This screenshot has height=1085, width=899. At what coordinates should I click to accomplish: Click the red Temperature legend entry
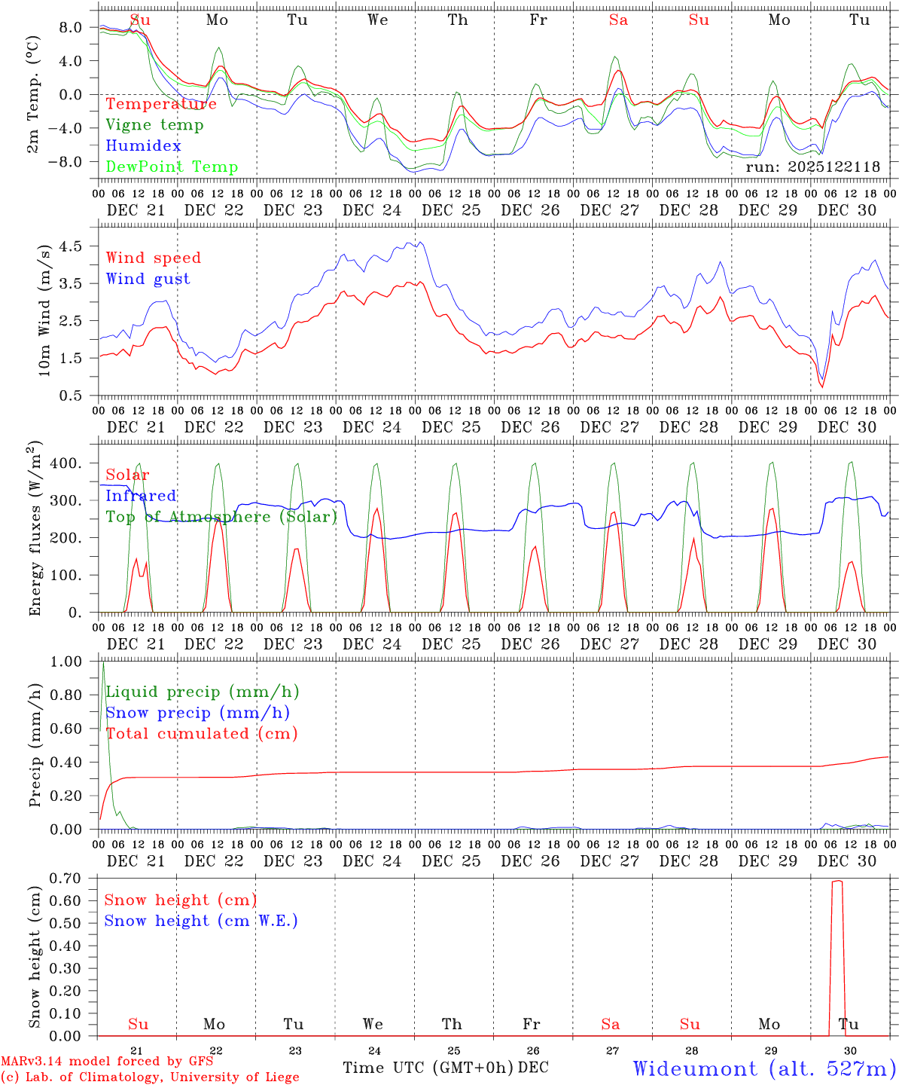(x=161, y=104)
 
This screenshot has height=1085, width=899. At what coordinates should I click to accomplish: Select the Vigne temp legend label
(x=154, y=125)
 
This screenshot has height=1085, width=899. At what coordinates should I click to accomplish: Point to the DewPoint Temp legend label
(x=172, y=167)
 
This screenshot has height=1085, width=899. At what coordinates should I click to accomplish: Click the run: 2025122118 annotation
(x=812, y=167)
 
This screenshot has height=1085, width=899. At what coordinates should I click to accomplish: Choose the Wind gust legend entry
(x=148, y=279)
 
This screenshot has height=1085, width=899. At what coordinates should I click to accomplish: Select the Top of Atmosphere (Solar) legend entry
(x=221, y=517)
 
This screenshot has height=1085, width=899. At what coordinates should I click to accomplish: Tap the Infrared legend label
(x=141, y=496)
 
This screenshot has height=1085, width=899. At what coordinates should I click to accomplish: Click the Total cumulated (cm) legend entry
(x=202, y=734)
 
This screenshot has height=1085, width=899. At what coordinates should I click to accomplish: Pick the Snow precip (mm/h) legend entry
(x=197, y=713)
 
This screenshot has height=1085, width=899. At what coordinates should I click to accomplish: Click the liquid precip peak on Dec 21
(x=103, y=664)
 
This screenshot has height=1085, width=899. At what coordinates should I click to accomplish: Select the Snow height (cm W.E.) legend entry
(x=201, y=921)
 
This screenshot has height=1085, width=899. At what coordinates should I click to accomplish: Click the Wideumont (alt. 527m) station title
(x=764, y=1068)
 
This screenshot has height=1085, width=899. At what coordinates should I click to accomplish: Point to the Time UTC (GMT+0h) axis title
(x=428, y=1068)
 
